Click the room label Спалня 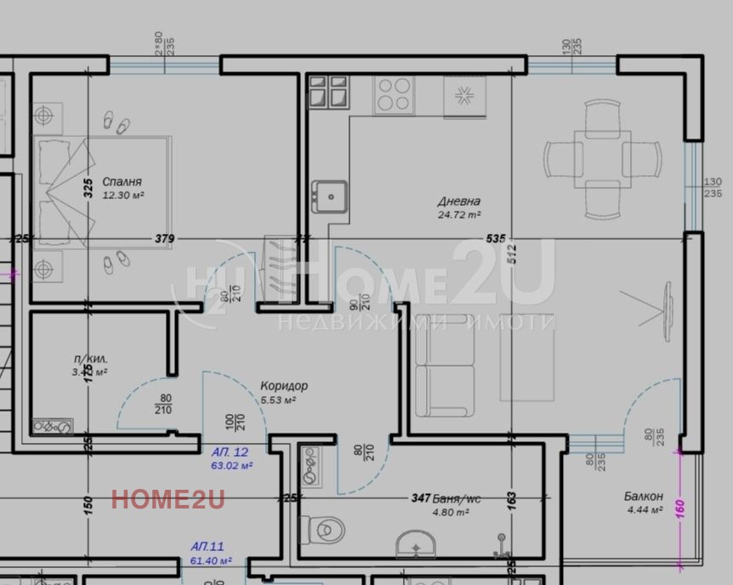[122, 182]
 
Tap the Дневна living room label [459, 202]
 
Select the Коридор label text [284, 386]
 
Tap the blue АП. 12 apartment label [230, 453]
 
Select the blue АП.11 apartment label [207, 547]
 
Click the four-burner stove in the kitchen [393, 94]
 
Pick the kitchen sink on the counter [327, 195]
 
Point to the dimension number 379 [164, 239]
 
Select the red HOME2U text [168, 499]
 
